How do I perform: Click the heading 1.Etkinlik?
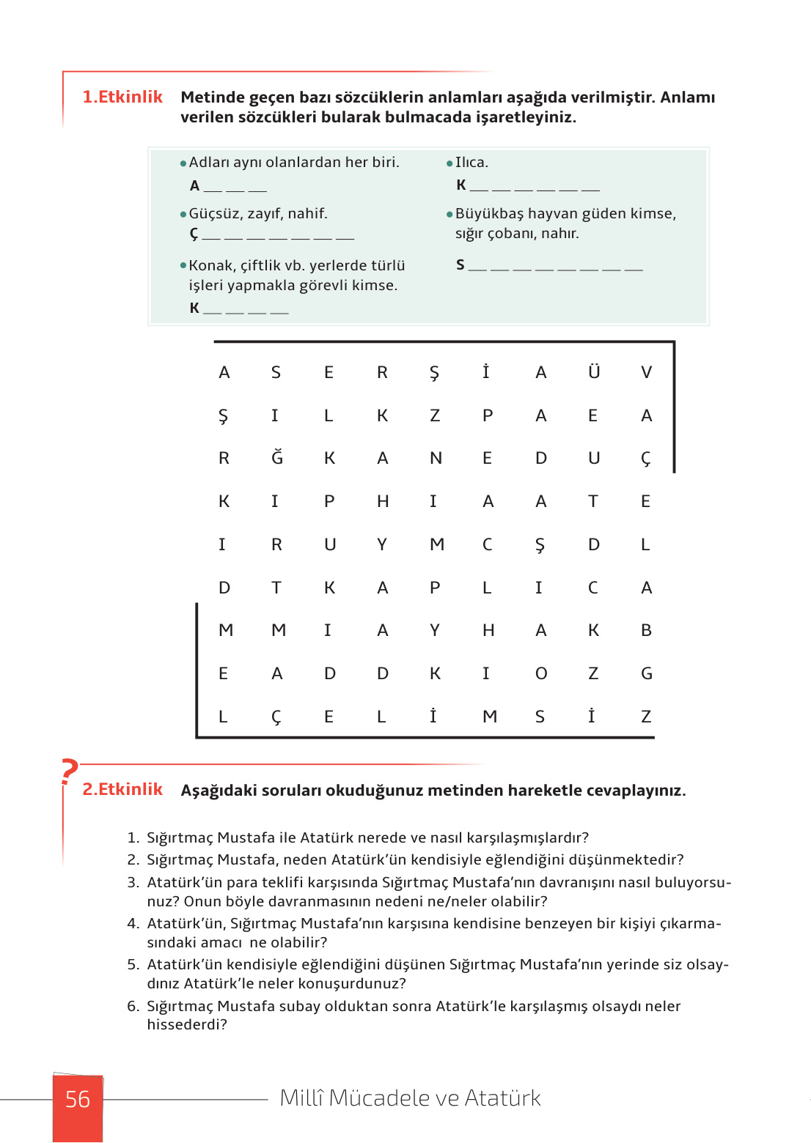tap(122, 97)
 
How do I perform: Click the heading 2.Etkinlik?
tap(122, 789)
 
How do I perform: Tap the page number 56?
tap(78, 1099)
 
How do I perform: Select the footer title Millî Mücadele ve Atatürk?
tap(410, 1098)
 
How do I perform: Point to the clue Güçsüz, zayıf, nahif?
tap(258, 213)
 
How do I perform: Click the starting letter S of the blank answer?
tap(460, 265)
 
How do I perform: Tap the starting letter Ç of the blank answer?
tap(194, 234)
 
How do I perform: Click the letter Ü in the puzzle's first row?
tap(594, 372)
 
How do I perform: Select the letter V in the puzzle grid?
tap(646, 372)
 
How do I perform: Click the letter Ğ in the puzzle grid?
tap(276, 458)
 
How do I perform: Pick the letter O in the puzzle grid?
tap(541, 673)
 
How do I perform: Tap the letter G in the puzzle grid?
tap(646, 673)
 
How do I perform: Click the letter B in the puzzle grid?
tap(646, 630)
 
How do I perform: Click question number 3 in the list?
tap(133, 882)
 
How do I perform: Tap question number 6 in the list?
tap(133, 1006)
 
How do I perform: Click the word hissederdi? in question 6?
tap(187, 1024)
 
